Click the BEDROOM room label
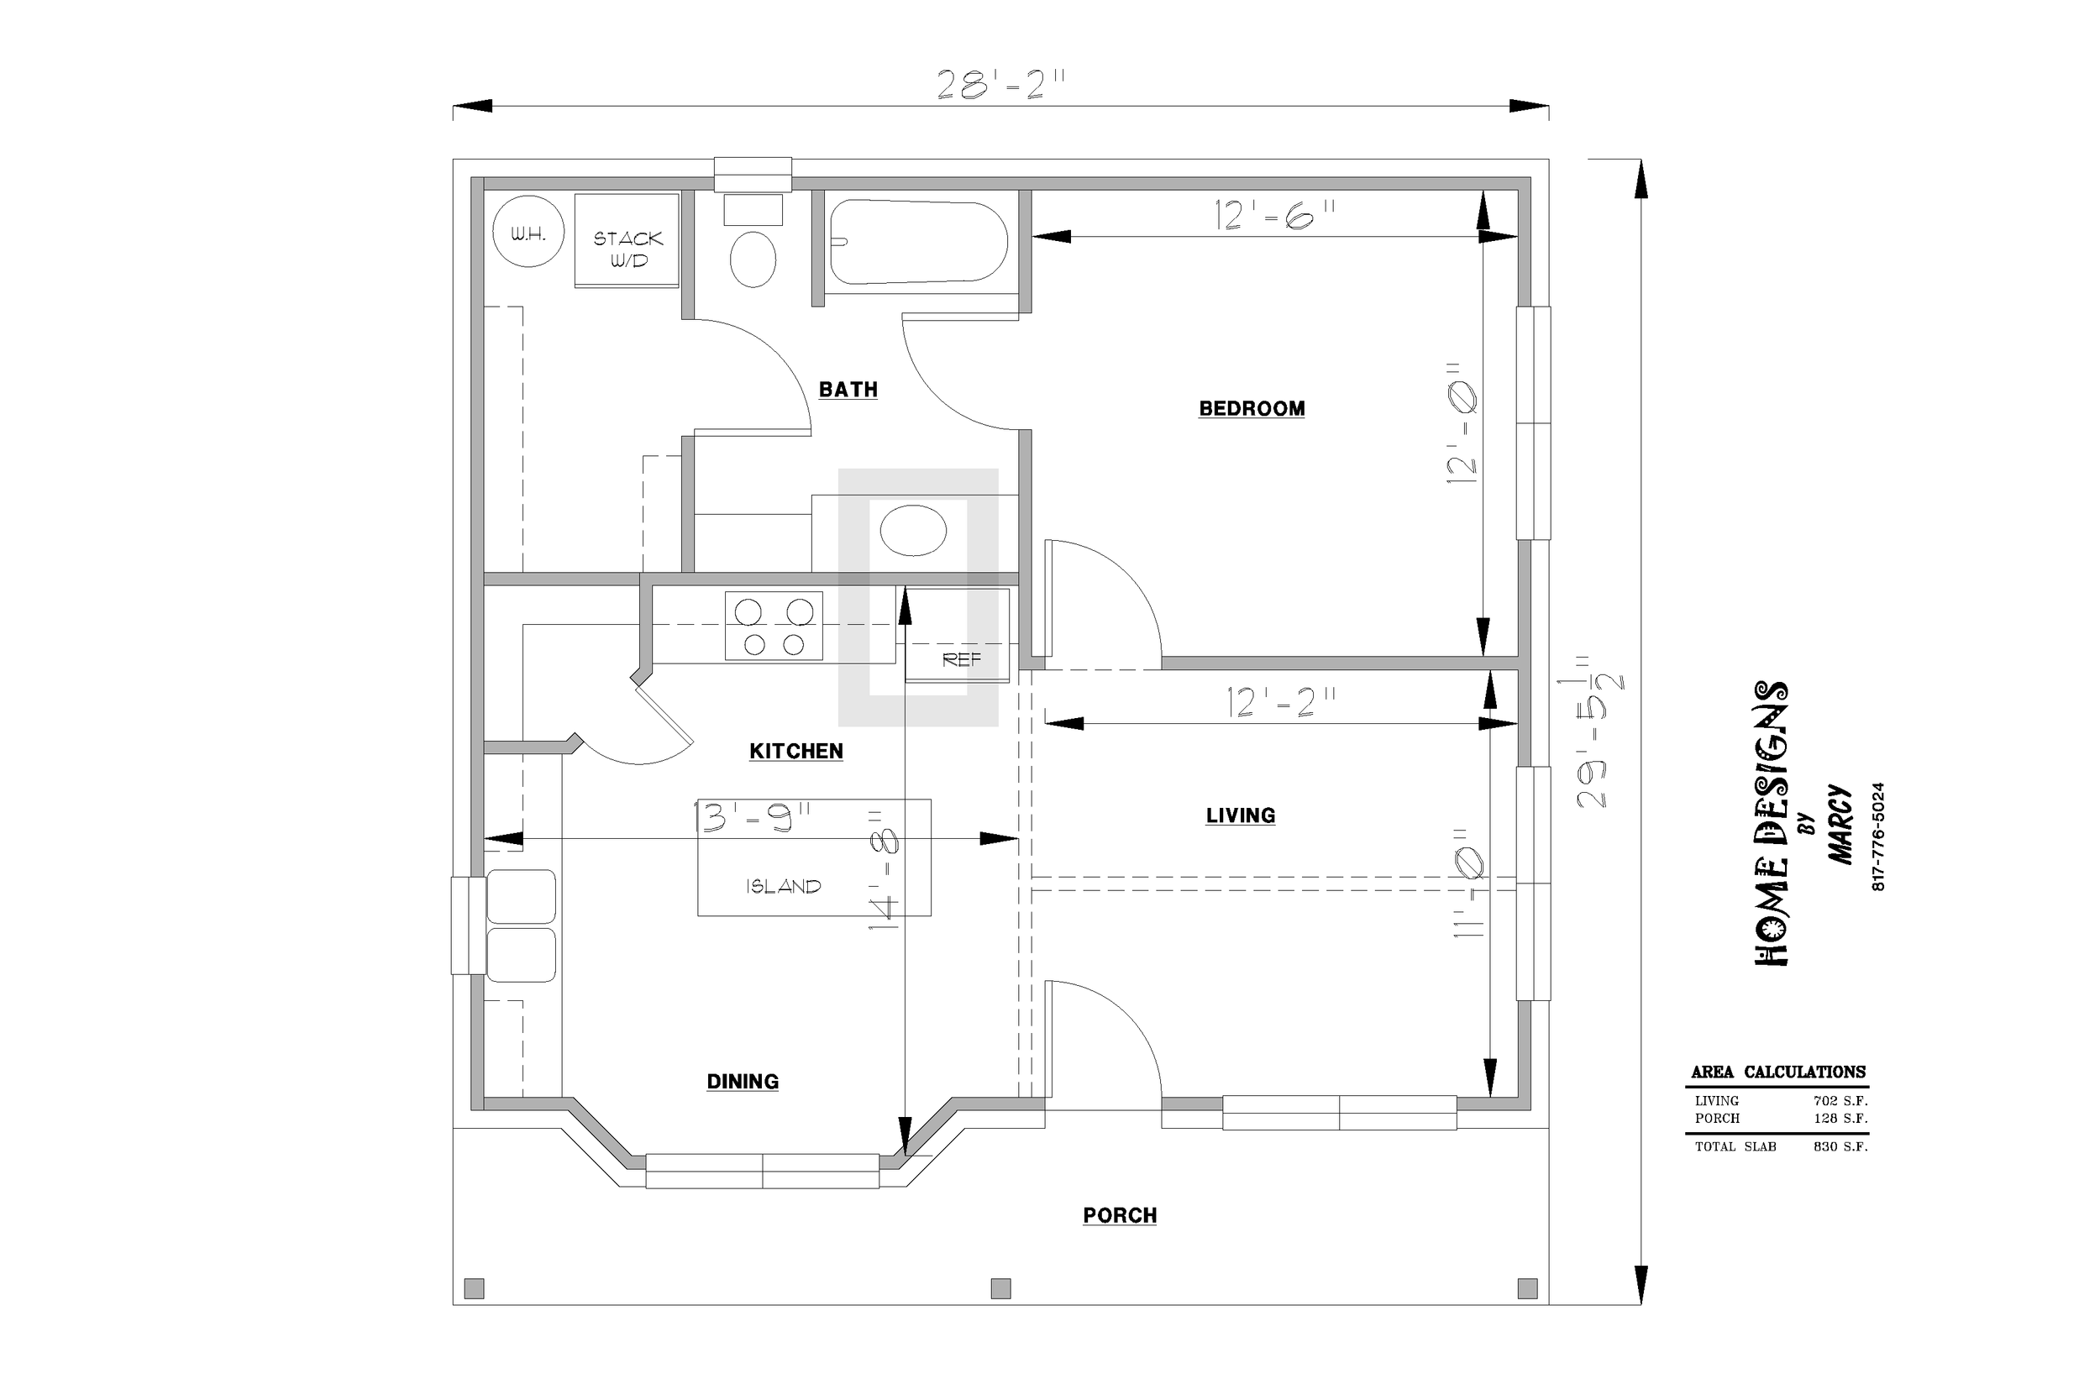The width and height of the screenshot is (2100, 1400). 1252,409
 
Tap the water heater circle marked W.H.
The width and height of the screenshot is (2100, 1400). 528,231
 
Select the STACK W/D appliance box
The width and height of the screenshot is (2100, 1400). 627,240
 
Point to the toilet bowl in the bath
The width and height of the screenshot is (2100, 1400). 753,259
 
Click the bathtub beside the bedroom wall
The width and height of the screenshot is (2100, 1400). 919,242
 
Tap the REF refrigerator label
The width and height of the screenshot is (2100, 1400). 962,660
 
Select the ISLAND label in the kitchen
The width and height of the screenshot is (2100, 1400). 784,886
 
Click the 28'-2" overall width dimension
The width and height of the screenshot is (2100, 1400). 1001,87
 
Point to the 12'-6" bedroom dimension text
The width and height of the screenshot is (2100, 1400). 1275,215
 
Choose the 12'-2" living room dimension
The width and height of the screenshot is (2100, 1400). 1281,703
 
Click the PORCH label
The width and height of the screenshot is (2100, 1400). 1120,1215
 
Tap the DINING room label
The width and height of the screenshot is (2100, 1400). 743,1081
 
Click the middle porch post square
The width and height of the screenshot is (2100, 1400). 1001,1288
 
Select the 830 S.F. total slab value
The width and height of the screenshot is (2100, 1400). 1840,1146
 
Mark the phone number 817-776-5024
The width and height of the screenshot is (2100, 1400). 1877,836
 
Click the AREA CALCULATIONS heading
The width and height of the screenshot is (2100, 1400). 1777,1072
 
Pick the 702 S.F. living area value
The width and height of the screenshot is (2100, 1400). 1840,1101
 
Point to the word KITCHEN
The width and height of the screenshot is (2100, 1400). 796,752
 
